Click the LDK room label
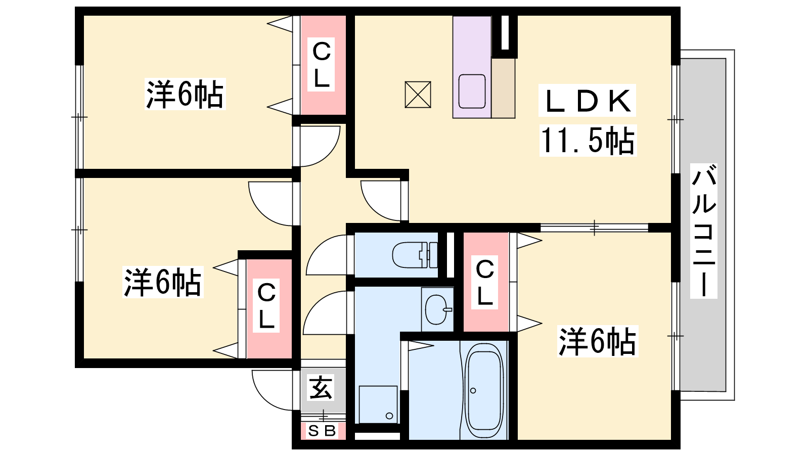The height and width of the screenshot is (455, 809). tap(587, 101)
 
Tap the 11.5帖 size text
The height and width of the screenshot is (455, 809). tap(588, 141)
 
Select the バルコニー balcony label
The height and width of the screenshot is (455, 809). tap(703, 231)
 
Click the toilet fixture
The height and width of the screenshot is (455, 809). tap(415, 255)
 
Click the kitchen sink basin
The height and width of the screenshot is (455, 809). tap(472, 92)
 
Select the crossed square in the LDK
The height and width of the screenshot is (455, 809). tap(418, 95)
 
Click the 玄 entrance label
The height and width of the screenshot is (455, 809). tap(321, 387)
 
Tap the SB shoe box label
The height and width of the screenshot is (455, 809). tap(322, 431)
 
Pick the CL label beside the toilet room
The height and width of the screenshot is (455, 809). tap(485, 283)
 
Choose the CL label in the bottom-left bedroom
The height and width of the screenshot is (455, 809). tap(266, 305)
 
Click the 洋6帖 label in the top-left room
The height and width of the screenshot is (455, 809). tap(185, 94)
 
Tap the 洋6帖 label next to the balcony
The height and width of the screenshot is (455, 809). tap(597, 341)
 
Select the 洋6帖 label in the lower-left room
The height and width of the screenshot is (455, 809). tap(162, 283)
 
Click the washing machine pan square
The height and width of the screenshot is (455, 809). tap(378, 404)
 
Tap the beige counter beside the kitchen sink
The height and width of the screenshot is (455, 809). tap(503, 88)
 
